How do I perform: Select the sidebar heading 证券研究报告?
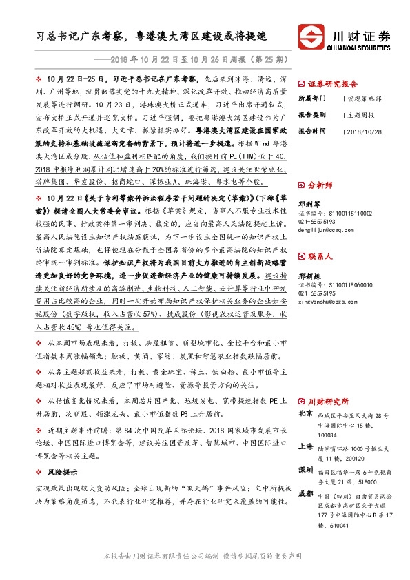pyautogui.click(x=337, y=81)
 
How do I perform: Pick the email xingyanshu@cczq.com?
pyautogui.click(x=330, y=301)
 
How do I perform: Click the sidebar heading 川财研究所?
pyautogui.click(x=328, y=401)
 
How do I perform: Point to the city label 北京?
pyautogui.click(x=306, y=414)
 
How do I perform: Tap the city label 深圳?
pyautogui.click(x=306, y=470)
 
